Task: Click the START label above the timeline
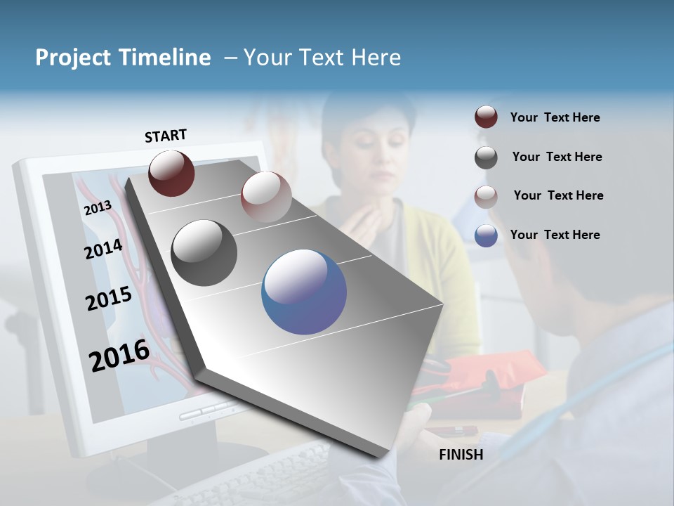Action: [166, 136]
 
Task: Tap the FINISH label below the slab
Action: [461, 455]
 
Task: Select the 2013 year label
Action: [98, 208]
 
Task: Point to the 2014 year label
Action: [103, 249]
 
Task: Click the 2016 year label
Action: [119, 355]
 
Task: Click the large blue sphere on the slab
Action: [304, 292]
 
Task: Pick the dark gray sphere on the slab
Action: [204, 253]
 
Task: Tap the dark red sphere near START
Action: [171, 173]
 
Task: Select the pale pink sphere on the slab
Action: [266, 197]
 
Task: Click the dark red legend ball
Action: [486, 117]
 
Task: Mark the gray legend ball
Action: [486, 157]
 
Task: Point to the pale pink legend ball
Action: [486, 196]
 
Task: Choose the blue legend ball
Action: [486, 235]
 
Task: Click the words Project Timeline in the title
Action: [123, 58]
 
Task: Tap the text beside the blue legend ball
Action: [555, 235]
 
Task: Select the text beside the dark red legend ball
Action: [555, 117]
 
